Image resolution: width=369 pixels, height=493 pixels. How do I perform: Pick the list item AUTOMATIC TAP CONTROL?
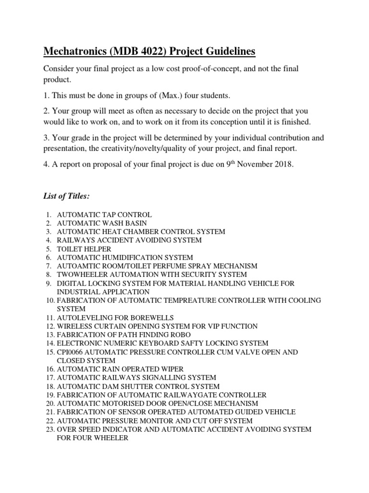[104, 214]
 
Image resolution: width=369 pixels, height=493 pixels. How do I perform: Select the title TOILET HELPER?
[84, 249]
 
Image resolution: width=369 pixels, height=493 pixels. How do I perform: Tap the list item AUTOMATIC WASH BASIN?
[102, 223]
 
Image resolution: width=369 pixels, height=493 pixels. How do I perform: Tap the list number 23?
[49, 429]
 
